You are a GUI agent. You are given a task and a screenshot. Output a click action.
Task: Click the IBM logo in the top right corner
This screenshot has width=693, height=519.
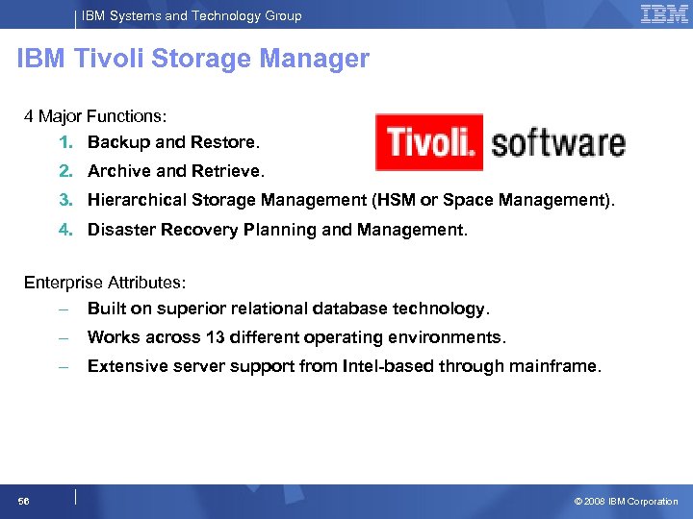(664, 13)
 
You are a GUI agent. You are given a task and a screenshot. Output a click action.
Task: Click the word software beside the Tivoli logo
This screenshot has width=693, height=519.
(558, 144)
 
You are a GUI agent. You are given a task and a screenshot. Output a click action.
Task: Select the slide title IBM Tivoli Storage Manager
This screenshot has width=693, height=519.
(193, 60)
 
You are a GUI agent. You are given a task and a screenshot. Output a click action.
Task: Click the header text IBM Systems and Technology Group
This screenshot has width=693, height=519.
(192, 15)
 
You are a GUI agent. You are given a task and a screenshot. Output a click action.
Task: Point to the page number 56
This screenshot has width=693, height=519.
(23, 501)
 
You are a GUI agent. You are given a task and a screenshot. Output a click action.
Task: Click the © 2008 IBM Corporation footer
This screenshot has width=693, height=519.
(626, 501)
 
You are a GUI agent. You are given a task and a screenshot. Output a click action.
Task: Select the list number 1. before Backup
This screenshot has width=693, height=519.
(64, 142)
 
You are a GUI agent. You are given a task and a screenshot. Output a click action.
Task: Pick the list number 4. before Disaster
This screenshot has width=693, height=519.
(64, 230)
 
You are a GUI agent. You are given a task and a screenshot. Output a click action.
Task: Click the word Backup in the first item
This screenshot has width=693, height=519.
(119, 142)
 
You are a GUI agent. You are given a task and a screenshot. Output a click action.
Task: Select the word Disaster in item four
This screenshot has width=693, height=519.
(118, 230)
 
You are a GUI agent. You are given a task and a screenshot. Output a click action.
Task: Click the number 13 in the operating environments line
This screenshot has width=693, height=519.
(215, 337)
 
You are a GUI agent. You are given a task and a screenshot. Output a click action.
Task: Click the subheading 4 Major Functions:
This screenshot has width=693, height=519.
(95, 116)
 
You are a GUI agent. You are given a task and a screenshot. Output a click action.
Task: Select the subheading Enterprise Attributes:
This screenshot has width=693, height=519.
(105, 283)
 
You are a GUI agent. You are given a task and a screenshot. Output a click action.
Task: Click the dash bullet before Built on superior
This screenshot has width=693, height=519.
(63, 309)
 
